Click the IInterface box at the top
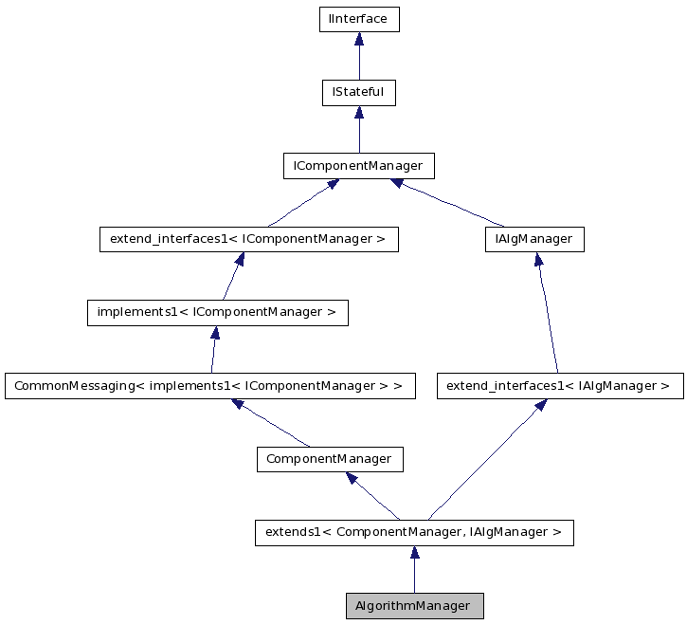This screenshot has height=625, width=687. pos(358,19)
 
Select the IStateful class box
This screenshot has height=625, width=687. pos(358,92)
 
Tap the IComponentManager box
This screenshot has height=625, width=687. pos(358,166)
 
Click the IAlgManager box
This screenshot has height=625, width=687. pos(533,239)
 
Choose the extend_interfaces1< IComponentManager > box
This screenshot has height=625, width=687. pos(248,239)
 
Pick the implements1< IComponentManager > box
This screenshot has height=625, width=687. pos(217,312)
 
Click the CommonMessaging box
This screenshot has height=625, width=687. pos(209,386)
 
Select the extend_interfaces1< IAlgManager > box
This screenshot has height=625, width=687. pos(559,386)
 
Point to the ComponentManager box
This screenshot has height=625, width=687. pos(330,459)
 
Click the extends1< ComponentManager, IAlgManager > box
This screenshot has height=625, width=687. pos(414,532)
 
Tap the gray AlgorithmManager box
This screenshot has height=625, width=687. pos(414,605)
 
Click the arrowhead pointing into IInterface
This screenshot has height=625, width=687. pos(358,40)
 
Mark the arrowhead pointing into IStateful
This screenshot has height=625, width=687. pos(358,113)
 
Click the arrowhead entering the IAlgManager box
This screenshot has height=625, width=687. pos(536,260)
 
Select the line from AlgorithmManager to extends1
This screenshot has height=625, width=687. pos(414,576)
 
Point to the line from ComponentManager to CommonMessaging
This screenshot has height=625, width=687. pos(275,425)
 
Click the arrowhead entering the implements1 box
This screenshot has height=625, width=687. pos(216,333)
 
